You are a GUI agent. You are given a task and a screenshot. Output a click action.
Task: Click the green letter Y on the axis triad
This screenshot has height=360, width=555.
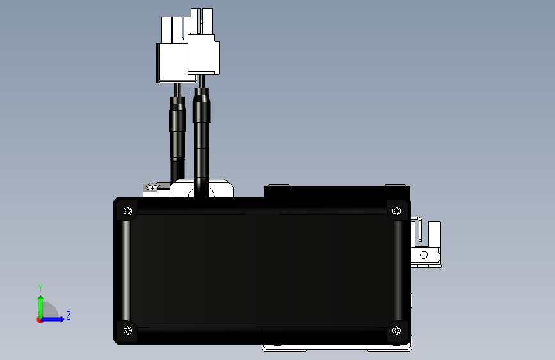point(40,288)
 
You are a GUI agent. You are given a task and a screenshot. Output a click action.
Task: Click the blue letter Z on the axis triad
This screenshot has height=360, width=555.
point(68,316)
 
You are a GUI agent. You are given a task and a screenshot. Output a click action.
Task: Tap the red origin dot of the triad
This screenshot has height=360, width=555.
point(40,320)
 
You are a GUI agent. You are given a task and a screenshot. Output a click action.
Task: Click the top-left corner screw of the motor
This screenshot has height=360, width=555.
point(127,211)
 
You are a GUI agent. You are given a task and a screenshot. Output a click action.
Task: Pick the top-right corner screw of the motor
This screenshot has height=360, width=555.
point(396,211)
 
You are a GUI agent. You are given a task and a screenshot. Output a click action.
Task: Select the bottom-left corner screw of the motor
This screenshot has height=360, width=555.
point(127,331)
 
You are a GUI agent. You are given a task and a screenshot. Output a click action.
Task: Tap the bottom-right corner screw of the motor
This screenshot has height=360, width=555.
point(396,331)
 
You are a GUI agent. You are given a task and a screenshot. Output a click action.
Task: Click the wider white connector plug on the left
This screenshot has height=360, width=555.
point(171,63)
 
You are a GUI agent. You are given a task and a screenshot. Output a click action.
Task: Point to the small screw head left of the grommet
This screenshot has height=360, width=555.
point(151,187)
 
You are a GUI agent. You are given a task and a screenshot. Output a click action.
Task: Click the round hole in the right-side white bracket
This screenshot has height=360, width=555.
point(422,254)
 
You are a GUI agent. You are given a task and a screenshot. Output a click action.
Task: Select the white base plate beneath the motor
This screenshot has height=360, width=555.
point(336,348)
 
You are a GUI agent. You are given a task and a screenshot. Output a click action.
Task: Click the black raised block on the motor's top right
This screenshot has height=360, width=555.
point(336,191)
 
